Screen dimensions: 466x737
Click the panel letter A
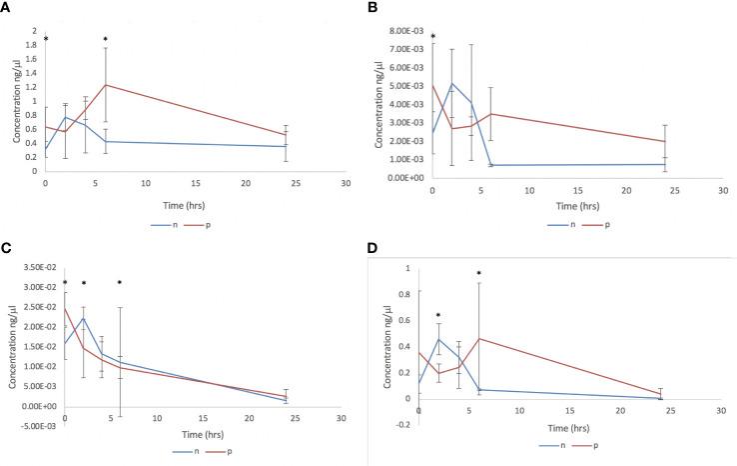point(7,7)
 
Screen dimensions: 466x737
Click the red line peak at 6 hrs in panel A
point(106,85)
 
